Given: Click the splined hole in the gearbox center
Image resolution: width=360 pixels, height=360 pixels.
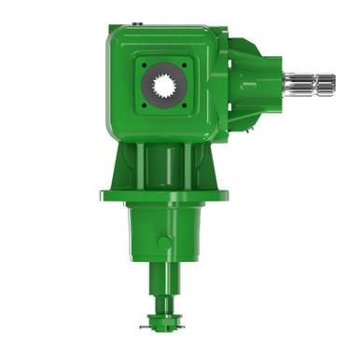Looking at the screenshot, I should (165, 91).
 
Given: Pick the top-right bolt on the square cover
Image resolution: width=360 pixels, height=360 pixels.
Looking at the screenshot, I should (188, 65).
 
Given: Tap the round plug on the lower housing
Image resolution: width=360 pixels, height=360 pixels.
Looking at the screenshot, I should (164, 242).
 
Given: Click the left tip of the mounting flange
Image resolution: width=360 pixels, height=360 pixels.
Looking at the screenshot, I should (102, 195).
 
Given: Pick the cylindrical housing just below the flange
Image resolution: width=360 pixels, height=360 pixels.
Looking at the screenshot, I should (166, 228).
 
